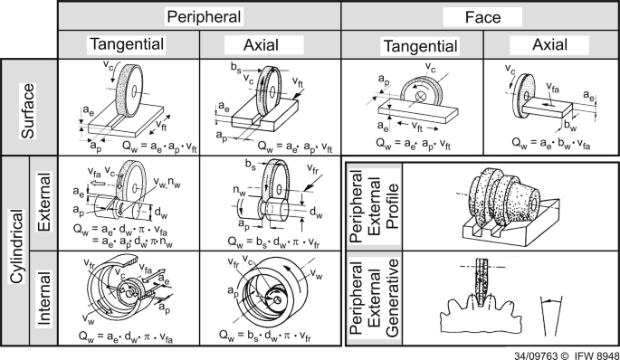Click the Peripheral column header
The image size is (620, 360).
click(x=204, y=17)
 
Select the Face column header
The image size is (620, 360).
click(x=482, y=17)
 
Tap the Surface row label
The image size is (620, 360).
click(x=28, y=111)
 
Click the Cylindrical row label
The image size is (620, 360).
click(x=15, y=247)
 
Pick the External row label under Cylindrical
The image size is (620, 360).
click(x=44, y=202)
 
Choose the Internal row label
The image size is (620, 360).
click(x=44, y=298)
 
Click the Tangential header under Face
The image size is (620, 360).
click(x=421, y=46)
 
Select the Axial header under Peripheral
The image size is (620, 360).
click(x=261, y=45)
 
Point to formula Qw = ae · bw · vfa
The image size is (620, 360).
click(x=551, y=144)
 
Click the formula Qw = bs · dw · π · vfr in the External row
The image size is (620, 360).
click(x=273, y=242)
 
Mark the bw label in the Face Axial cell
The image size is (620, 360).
click(x=570, y=126)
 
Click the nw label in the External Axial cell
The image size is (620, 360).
click(x=240, y=191)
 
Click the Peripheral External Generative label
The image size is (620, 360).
click(x=374, y=298)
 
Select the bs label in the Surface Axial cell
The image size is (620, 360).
click(x=236, y=68)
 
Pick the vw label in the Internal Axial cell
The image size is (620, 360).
click(x=316, y=273)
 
